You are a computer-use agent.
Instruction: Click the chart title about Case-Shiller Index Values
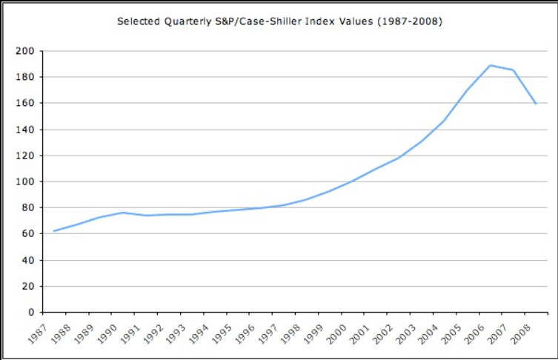coord(279,21)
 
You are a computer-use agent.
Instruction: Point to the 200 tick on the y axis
coord(27,51)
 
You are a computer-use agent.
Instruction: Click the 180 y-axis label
coord(27,77)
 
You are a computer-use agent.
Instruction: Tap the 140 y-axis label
coord(27,130)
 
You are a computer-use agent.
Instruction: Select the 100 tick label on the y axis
coord(27,181)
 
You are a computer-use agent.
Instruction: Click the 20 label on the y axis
coord(29,286)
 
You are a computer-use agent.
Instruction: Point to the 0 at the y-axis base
coord(31,312)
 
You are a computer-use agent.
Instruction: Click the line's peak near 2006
coord(490,65)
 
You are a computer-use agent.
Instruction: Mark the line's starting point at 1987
coord(53,231)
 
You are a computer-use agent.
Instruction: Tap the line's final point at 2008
coord(536,104)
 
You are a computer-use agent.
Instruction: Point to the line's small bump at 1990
coord(122,213)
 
